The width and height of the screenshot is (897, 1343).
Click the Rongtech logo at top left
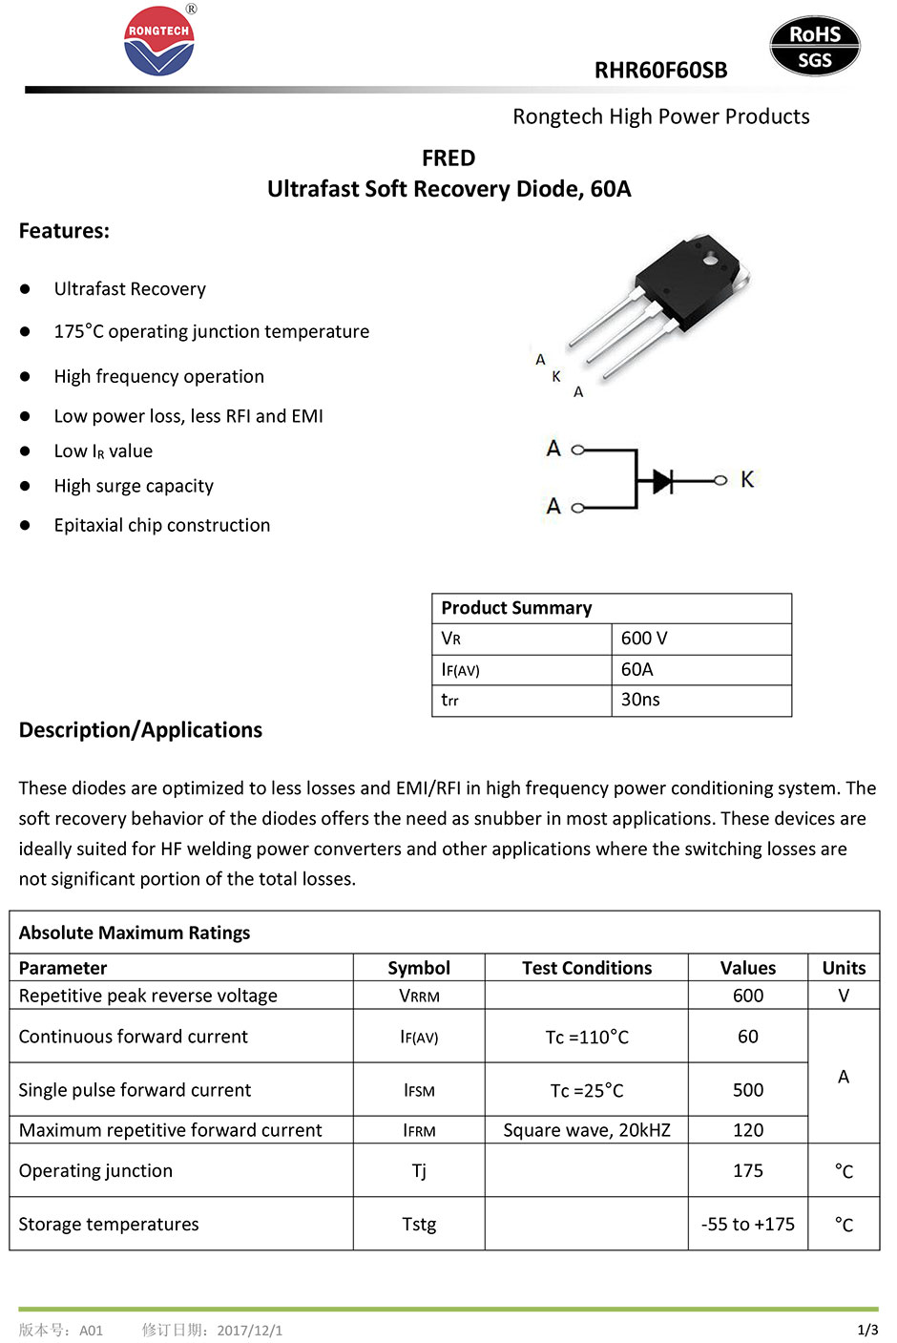159,41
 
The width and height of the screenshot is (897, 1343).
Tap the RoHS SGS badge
814,47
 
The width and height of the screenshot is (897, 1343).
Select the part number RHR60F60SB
660,71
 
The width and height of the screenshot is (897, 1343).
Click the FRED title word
448,157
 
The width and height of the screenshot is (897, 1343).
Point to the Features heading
64,231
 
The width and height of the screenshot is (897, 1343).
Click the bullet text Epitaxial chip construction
162,525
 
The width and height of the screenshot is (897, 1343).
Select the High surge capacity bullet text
134,486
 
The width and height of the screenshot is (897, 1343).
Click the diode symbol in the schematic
663,480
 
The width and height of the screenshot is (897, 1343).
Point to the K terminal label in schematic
747,479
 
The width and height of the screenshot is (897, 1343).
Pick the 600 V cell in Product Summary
644,639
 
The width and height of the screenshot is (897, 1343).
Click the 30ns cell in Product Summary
640,700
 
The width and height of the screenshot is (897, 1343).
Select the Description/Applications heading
140,730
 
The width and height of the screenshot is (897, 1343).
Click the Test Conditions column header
587,968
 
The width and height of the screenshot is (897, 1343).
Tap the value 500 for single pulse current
748,1090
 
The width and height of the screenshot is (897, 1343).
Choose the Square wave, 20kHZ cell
587,1130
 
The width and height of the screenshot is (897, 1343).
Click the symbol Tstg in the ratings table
419,1224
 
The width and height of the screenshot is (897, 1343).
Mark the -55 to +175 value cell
748,1224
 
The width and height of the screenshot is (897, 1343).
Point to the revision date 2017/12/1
249,1330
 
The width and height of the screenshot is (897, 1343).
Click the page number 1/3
867,1330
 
